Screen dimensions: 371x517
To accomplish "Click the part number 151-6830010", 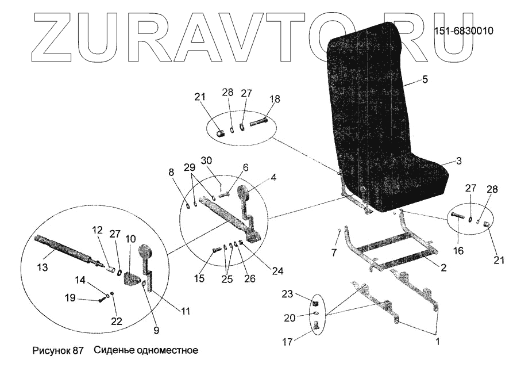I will [x=464, y=31].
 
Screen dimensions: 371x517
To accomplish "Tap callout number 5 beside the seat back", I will [x=425, y=80].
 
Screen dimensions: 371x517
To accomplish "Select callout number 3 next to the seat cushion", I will [x=458, y=162].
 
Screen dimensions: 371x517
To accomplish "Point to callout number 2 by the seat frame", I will [x=443, y=267].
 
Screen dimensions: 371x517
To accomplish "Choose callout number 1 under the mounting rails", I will [x=437, y=341].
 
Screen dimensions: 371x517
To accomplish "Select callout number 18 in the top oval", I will [x=275, y=99].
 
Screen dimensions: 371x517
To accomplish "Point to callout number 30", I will [x=206, y=159].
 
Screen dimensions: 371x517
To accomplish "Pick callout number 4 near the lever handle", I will [x=273, y=178].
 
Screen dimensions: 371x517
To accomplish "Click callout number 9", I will [x=156, y=330].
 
